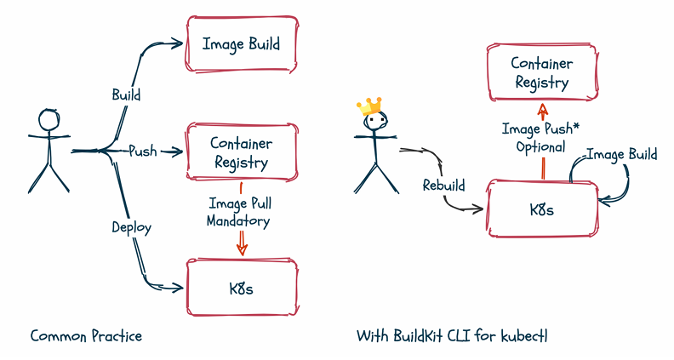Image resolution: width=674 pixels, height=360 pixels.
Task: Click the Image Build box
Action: [241, 43]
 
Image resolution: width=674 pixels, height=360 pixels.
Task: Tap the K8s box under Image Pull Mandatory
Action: [241, 287]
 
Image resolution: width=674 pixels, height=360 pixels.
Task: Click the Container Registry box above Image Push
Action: [541, 73]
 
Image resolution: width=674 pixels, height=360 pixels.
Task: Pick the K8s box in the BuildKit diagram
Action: [541, 209]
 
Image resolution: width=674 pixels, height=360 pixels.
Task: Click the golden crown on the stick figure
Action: [370, 106]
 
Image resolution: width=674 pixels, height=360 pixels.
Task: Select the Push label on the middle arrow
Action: [143, 151]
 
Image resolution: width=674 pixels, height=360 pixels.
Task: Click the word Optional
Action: [540, 146]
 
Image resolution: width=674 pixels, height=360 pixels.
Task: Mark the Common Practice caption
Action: [86, 336]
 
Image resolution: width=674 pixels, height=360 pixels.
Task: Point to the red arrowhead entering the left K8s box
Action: [242, 250]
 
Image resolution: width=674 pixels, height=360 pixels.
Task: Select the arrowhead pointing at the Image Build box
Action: [179, 41]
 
